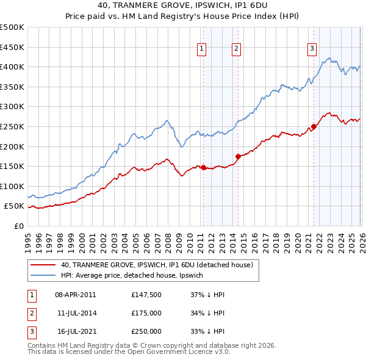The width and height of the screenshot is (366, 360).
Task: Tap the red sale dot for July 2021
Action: (x=314, y=127)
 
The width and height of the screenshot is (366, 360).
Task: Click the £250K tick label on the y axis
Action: (x=12, y=126)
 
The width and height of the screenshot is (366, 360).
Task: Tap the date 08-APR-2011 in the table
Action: (x=76, y=295)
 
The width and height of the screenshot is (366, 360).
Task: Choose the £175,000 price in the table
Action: (x=146, y=313)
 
